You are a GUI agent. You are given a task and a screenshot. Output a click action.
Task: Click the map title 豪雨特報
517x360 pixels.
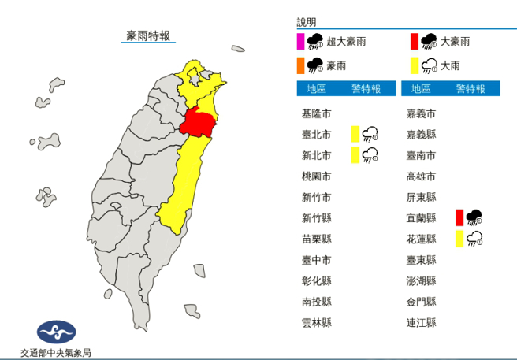coord(148,35)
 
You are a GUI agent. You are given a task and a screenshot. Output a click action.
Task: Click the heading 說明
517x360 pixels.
coord(306,23)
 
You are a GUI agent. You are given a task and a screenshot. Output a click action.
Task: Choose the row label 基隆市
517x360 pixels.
coord(316,113)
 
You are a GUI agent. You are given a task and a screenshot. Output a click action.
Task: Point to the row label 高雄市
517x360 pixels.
coord(421,176)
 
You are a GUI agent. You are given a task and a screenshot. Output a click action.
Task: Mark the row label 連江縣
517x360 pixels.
coord(421,322)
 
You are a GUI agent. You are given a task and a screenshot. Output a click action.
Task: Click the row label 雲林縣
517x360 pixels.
coord(316,322)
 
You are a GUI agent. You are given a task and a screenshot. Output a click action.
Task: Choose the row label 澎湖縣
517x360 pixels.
coord(421,280)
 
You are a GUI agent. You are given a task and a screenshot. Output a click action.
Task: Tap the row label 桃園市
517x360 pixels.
coord(316,176)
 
